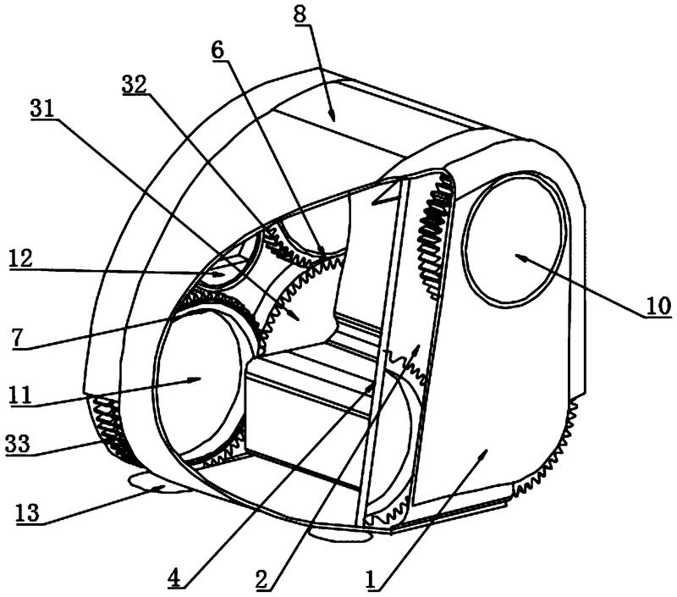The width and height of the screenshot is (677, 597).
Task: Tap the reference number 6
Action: pyautogui.click(x=218, y=51)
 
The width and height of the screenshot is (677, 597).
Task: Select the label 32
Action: pyautogui.click(x=135, y=84)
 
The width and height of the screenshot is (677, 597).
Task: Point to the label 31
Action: pyautogui.click(x=42, y=108)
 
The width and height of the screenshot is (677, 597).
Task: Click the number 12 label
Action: pyautogui.click(x=21, y=259)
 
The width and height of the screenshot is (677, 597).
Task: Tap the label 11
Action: pyautogui.click(x=21, y=395)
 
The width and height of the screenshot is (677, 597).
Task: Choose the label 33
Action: pyautogui.click(x=18, y=444)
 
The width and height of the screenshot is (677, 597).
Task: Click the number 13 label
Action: pyautogui.click(x=28, y=513)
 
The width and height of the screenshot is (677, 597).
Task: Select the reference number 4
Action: pyautogui.click(x=174, y=578)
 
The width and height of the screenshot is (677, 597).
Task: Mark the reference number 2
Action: pyautogui.click(x=262, y=578)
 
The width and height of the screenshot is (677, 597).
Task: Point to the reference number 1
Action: pyautogui.click(x=372, y=579)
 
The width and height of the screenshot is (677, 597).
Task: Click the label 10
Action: pyautogui.click(x=658, y=307)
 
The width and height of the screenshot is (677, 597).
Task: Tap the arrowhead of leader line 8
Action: pyautogui.click(x=331, y=115)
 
